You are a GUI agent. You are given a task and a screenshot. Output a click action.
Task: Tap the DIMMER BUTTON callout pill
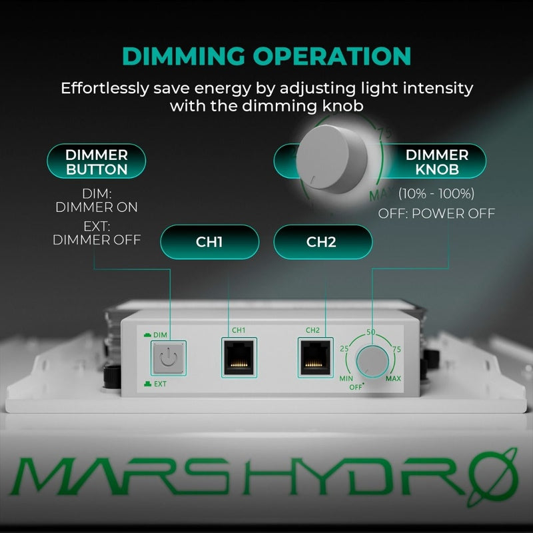click(x=96, y=162)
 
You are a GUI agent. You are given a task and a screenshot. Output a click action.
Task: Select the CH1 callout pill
click(x=210, y=241)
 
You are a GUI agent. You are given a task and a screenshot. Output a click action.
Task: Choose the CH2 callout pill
click(x=323, y=241)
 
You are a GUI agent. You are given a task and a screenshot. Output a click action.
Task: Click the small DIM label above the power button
click(x=160, y=333)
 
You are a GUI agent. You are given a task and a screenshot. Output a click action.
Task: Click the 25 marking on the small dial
click(x=344, y=348)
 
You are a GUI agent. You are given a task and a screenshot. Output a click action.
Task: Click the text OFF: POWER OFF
click(x=436, y=213)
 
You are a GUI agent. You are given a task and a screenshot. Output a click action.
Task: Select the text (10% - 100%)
click(x=436, y=195)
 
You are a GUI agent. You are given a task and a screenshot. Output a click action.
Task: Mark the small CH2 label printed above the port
click(x=313, y=330)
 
